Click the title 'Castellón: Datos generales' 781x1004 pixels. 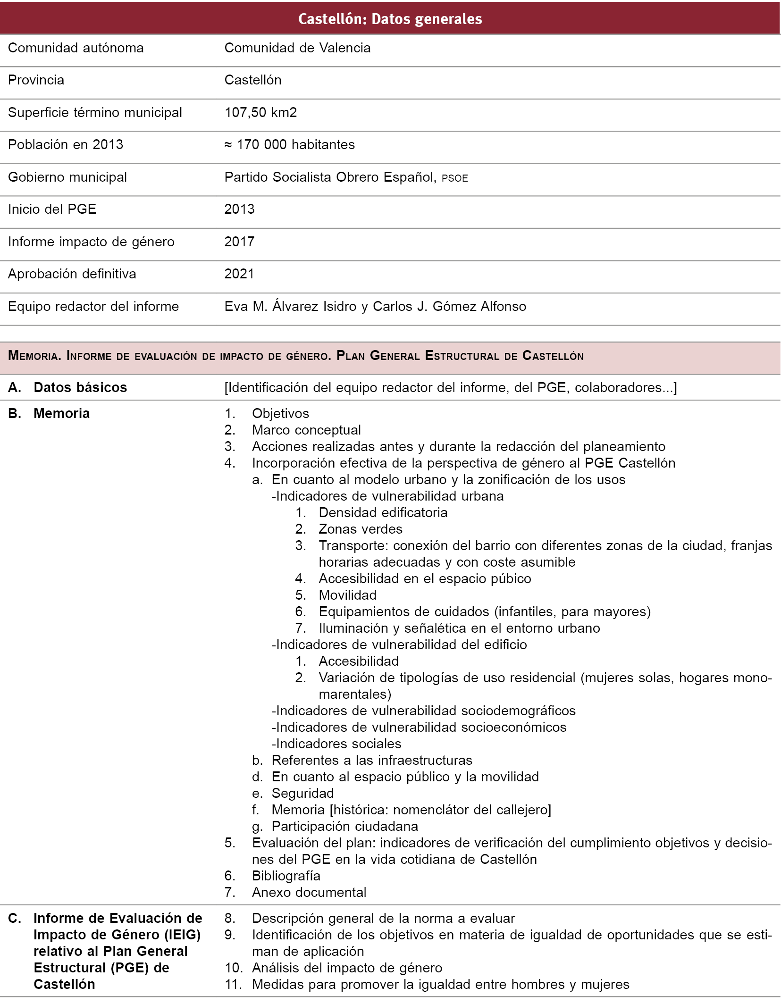tap(390, 19)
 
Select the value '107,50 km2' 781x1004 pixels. tap(260, 113)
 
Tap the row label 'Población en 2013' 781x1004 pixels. tap(66, 145)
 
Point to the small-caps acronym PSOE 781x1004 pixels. tap(455, 178)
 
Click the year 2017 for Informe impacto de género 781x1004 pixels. tap(239, 242)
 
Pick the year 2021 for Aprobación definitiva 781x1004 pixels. tap(239, 274)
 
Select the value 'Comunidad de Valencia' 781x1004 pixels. tap(297, 48)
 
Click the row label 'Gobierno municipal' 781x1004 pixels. tap(67, 177)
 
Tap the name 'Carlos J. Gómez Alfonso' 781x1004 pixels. tap(449, 307)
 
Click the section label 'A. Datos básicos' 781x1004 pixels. tap(67, 388)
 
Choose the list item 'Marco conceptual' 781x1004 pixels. tap(306, 430)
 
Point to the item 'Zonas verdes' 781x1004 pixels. tap(361, 529)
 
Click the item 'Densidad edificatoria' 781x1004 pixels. tap(383, 513)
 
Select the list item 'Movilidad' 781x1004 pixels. tap(347, 595)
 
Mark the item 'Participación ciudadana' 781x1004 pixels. tap(344, 827)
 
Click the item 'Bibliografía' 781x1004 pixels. tap(286, 876)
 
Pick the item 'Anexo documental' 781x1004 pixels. tap(309, 893)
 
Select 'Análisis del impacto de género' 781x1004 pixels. tap(347, 968)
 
